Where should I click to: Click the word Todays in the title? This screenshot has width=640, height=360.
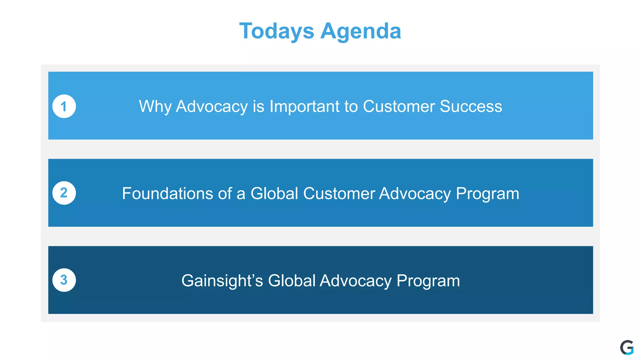click(277, 31)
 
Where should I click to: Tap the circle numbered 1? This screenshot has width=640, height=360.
click(64, 107)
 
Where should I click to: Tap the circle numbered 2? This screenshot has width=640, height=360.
click(64, 193)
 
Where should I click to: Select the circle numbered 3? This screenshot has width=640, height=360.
click(64, 280)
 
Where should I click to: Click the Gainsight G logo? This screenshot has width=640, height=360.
click(627, 347)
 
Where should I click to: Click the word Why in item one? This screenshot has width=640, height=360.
click(155, 107)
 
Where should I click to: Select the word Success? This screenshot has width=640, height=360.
click(471, 107)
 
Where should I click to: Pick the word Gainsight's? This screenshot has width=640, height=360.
click(222, 281)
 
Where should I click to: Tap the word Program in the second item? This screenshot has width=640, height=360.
click(487, 193)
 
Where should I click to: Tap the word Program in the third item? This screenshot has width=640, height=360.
click(428, 281)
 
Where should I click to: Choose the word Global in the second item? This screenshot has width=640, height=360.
click(274, 193)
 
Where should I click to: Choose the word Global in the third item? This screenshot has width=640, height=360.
click(292, 281)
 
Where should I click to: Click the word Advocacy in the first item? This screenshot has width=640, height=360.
click(212, 107)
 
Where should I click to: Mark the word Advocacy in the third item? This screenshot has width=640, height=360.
click(355, 281)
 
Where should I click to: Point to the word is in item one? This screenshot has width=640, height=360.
click(258, 107)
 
